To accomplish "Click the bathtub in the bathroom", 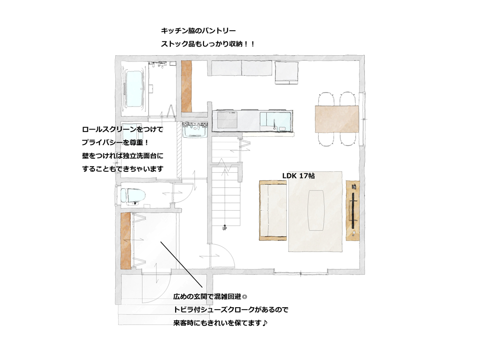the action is click(134, 89).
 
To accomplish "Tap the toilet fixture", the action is click(132, 196).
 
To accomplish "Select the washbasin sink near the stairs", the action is click(195, 130).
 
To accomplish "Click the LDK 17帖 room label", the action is click(298, 176).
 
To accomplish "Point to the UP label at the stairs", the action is click(225, 228).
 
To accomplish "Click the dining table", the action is click(337, 119).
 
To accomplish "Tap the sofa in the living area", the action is click(273, 210).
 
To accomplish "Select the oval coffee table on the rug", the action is click(316, 210).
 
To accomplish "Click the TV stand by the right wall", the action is click(353, 211).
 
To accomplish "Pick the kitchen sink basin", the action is click(275, 121).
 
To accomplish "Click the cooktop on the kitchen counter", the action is click(227, 120).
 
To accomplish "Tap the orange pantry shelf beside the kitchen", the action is click(186, 86).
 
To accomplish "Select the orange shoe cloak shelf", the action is click(125, 240).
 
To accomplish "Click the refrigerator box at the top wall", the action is click(287, 72).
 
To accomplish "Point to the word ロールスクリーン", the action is click(109, 130).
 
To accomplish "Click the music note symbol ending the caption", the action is click(265, 323).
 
